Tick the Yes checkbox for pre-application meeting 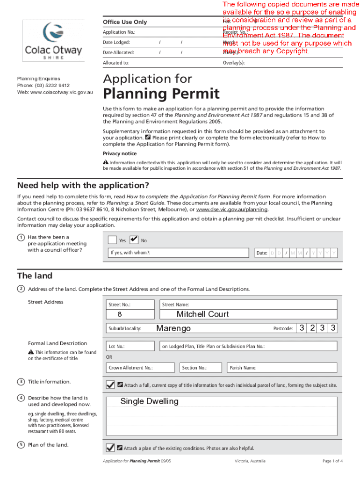(x=112, y=240)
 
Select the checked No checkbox (x=133, y=240)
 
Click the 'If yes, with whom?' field (x=178, y=253)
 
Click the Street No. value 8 (x=120, y=314)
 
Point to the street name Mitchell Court (x=202, y=314)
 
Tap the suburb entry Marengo (x=173, y=328)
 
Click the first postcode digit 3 (x=302, y=328)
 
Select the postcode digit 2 (x=312, y=328)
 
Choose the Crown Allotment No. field (x=140, y=368)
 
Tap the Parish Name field (x=281, y=368)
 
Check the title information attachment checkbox (x=110, y=385)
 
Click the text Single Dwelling (x=150, y=401)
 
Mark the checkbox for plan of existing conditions (x=110, y=447)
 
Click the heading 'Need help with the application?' (x=83, y=185)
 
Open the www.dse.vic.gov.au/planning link (x=229, y=210)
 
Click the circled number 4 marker (x=21, y=398)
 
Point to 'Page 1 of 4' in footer (x=332, y=461)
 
